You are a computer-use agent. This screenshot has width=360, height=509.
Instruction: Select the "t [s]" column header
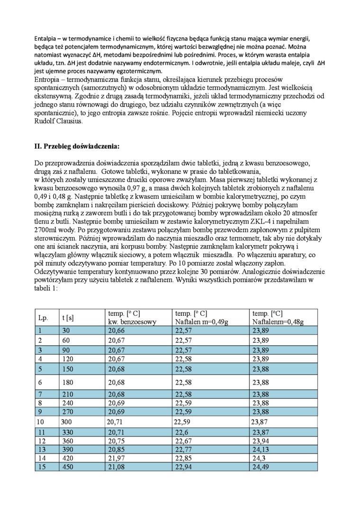[x=68, y=318]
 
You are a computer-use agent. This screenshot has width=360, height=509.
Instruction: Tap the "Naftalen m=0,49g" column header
[x=201, y=322]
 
